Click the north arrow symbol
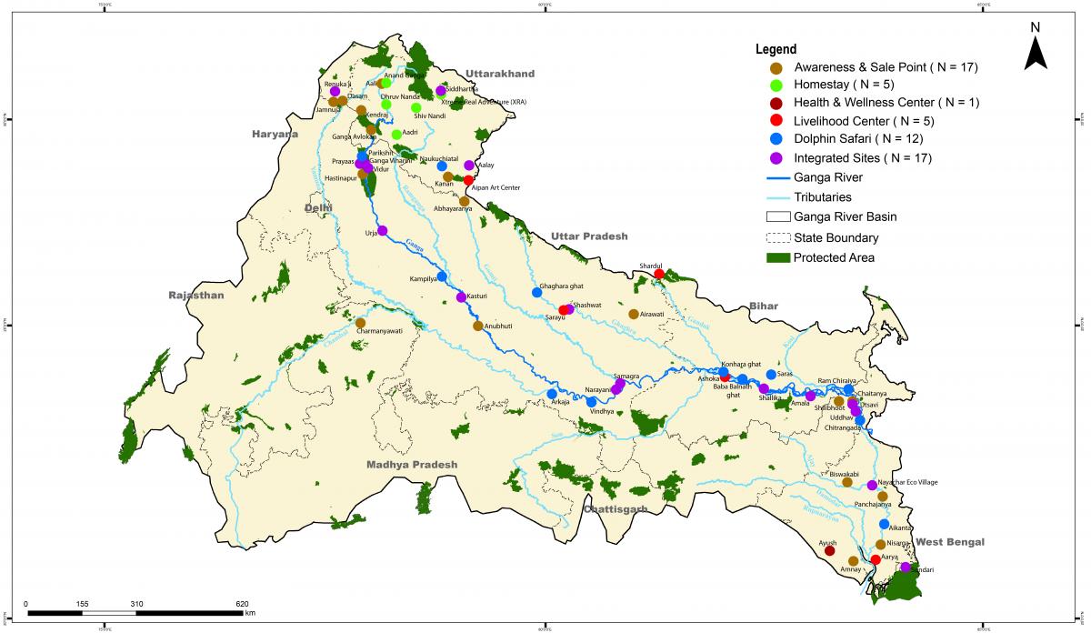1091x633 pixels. [1036, 50]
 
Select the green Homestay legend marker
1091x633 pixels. [776, 85]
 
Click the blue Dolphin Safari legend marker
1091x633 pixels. [776, 139]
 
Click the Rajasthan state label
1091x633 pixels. [195, 296]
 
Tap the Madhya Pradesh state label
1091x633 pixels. [411, 465]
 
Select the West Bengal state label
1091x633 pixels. [950, 542]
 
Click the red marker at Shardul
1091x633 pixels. [659, 274]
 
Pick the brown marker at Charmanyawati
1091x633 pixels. [360, 323]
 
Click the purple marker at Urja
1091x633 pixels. [383, 231]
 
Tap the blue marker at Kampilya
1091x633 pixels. [442, 276]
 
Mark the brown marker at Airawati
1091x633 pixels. [634, 314]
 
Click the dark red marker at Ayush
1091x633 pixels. [829, 550]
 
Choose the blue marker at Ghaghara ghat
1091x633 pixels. [536, 292]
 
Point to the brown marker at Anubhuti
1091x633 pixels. [478, 326]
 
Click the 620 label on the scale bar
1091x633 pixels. [242, 604]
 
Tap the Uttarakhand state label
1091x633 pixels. [499, 74]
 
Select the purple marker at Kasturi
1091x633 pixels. [461, 297]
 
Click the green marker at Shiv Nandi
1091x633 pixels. [416, 107]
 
